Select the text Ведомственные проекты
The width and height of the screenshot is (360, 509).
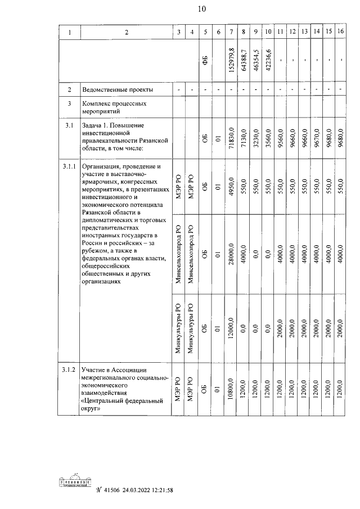tap(118, 90)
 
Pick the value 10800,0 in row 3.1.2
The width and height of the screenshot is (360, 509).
tap(231, 390)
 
